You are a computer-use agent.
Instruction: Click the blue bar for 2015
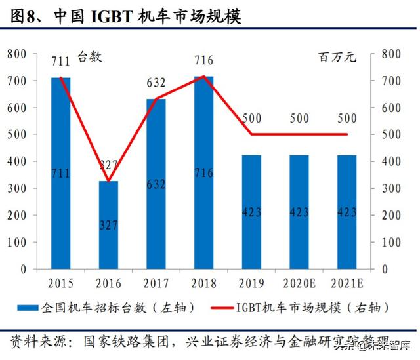61,173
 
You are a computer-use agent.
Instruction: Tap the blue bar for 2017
156,184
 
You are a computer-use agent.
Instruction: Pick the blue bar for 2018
203,172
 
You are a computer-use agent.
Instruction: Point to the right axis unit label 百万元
339,57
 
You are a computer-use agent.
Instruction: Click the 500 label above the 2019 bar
252,119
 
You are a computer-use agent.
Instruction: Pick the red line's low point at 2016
109,181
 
